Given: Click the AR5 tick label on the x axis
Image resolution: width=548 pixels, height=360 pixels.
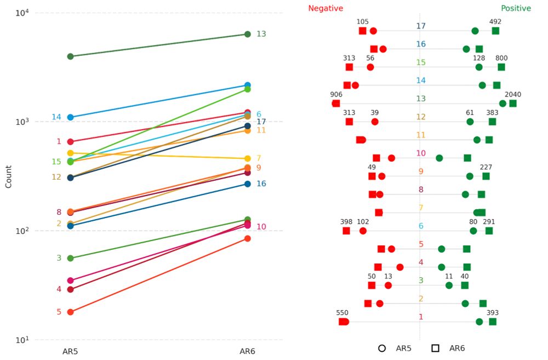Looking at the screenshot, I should click(70, 350).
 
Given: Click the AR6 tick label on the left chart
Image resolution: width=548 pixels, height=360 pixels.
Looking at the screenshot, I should click(247, 350).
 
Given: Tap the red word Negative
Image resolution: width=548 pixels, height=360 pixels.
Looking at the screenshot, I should click(326, 8).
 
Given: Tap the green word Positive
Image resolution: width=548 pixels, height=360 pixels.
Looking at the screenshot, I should click(516, 8).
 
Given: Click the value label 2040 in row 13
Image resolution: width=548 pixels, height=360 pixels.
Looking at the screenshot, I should click(513, 94).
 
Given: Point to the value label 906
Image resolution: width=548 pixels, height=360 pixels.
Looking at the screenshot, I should click(336, 94).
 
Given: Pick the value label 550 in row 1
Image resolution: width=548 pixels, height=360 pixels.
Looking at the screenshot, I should click(342, 313).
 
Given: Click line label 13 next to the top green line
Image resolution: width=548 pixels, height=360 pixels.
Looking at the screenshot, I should click(261, 34).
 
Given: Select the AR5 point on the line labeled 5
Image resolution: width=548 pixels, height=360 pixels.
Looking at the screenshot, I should click(70, 312).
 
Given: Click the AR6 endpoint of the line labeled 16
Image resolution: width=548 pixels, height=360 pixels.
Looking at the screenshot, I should click(248, 184).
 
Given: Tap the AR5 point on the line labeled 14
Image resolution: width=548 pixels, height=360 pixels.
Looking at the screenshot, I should click(70, 117).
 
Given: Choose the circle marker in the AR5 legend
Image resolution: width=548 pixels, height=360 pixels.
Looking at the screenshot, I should click(382, 348).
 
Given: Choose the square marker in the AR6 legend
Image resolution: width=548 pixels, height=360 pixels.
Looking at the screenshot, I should click(436, 348).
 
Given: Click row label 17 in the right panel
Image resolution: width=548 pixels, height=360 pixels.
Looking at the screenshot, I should click(420, 26).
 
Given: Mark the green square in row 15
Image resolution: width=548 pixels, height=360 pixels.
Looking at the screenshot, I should click(501, 67).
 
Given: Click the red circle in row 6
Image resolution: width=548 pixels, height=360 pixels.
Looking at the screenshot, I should click(363, 231).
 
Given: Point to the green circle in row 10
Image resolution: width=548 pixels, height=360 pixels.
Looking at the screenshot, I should click(439, 158).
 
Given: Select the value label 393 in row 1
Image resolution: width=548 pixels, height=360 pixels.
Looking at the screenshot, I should click(492, 313).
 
